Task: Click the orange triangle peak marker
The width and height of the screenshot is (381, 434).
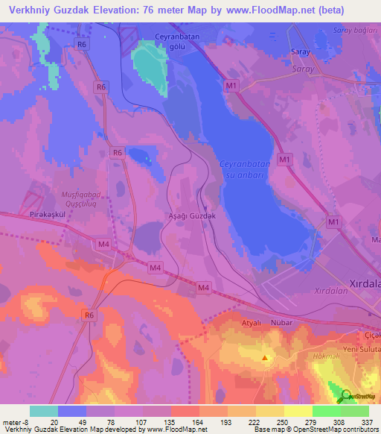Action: point(266,358)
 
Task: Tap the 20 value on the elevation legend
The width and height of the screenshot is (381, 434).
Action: point(54,421)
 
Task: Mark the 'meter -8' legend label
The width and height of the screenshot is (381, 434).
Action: point(15,421)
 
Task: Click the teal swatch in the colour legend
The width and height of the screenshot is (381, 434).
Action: point(44,411)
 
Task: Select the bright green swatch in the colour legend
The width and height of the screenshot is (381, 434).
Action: point(326,411)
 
